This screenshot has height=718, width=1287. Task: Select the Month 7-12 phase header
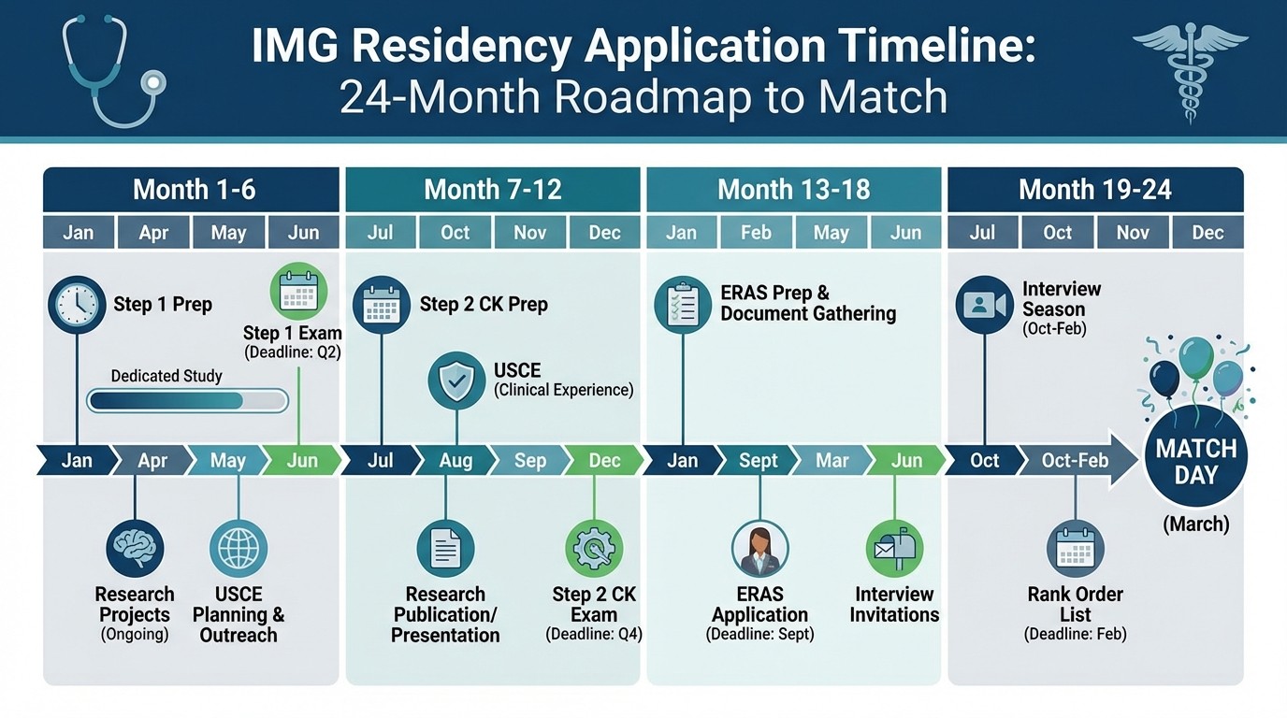tap(493, 190)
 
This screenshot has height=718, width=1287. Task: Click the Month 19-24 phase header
tap(1095, 190)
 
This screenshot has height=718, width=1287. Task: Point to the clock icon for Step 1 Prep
tap(77, 305)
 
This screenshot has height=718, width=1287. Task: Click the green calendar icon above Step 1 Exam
tap(298, 292)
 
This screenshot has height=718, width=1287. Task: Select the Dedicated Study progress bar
tap(188, 401)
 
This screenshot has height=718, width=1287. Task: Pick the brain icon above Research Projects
tap(135, 549)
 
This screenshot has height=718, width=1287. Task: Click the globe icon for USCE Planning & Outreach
tap(239, 549)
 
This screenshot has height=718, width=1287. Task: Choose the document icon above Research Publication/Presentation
tap(445, 549)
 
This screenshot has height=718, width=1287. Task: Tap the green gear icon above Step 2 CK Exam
tap(594, 549)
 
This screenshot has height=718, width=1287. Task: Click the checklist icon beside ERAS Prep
tap(683, 305)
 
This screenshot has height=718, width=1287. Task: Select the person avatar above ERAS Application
tap(759, 549)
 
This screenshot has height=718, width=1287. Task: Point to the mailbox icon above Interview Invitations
tap(894, 549)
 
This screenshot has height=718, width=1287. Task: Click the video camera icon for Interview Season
tap(984, 305)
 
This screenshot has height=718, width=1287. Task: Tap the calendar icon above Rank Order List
tap(1076, 549)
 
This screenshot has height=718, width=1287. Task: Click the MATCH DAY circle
tap(1195, 462)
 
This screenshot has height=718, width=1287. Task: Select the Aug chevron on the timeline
tap(456, 461)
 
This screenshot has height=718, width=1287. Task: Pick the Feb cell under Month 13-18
tap(756, 233)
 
